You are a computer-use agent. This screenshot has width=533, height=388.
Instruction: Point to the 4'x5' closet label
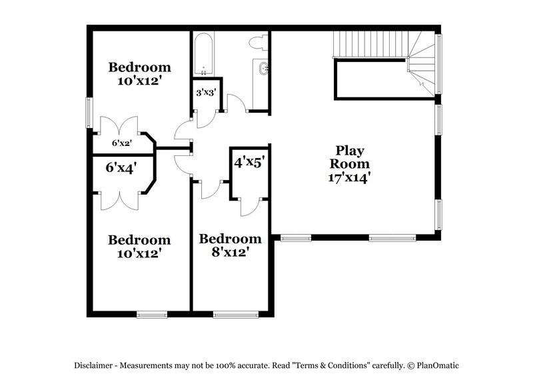[x=249, y=161]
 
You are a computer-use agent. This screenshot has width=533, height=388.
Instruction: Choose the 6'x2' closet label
[x=122, y=143]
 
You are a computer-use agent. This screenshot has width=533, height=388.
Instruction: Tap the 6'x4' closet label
[x=121, y=168]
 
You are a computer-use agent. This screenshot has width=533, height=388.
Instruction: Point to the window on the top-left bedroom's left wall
[x=89, y=111]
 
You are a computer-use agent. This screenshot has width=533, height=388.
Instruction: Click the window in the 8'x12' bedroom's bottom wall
[x=236, y=311]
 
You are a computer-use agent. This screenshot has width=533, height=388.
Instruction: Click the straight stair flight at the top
[x=369, y=45]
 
